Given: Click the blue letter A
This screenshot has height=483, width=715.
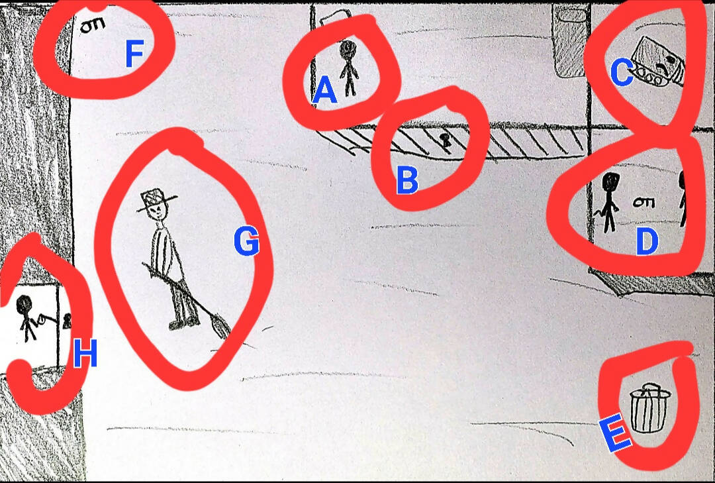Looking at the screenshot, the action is [324, 89].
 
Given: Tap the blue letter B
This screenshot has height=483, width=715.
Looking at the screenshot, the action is [407, 180].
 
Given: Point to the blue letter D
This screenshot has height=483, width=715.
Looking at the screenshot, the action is [647, 241].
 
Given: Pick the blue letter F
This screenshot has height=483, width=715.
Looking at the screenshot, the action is [135, 53].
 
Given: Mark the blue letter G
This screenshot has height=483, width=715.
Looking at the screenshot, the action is [246, 241].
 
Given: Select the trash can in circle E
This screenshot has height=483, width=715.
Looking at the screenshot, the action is [649, 407].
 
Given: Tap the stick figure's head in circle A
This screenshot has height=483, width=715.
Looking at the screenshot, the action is [348, 48].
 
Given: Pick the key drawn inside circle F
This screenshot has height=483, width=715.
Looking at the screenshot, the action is [93, 25].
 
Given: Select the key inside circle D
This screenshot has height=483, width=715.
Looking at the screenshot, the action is [644, 202].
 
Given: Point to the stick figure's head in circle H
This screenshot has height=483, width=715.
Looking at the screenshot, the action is [24, 305].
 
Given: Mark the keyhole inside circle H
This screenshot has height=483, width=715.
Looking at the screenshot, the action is [67, 321].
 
